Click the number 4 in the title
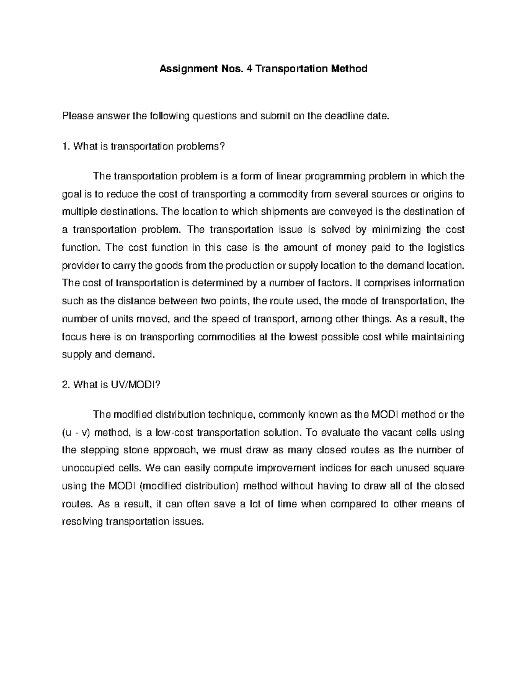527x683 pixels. (249, 69)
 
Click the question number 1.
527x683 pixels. (66, 146)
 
